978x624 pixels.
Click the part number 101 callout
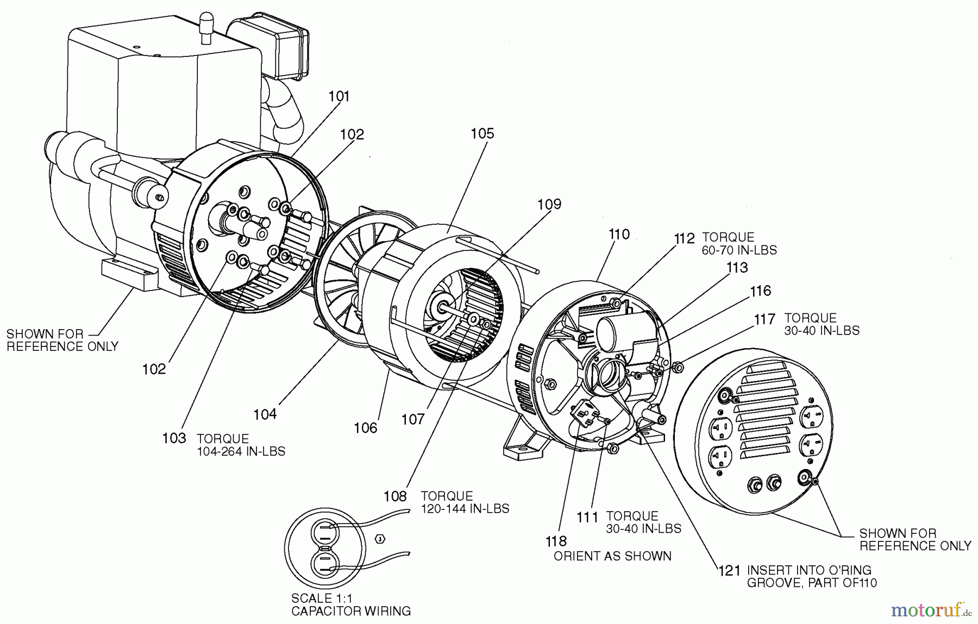pyautogui.click(x=338, y=97)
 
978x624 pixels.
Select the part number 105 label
pyautogui.click(x=482, y=134)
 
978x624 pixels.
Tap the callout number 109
pyautogui.click(x=549, y=205)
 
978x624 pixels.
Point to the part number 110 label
pyautogui.click(x=619, y=235)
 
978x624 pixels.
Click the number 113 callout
pyautogui.click(x=737, y=268)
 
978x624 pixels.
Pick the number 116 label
pyautogui.click(x=760, y=291)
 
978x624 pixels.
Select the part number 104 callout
pyautogui.click(x=265, y=414)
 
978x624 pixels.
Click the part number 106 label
pyautogui.click(x=365, y=428)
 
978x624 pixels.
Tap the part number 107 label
pyautogui.click(x=412, y=420)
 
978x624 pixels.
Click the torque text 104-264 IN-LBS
pyautogui.click(x=241, y=451)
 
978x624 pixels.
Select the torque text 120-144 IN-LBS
pyautogui.click(x=465, y=509)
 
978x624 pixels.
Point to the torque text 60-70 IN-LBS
pyautogui.click(x=739, y=250)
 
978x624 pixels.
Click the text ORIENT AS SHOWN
pyautogui.click(x=612, y=556)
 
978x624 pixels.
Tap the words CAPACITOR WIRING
pyautogui.click(x=351, y=612)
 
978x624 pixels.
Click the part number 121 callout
pyautogui.click(x=729, y=571)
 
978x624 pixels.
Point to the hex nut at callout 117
pyautogui.click(x=678, y=368)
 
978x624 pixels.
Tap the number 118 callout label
pyautogui.click(x=556, y=541)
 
